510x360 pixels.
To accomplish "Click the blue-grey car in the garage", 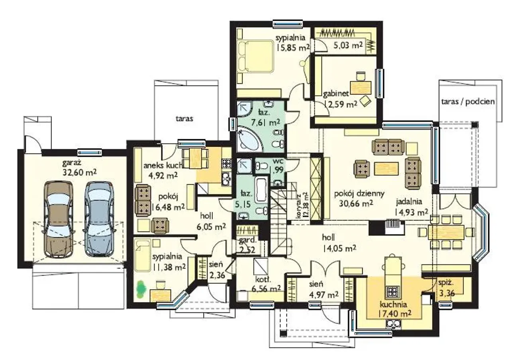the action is [x=100, y=219].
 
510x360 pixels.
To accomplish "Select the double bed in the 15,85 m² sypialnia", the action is [x=255, y=56].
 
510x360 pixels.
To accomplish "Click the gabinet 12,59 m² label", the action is [x=340, y=99].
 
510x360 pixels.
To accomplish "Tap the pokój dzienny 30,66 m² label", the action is [x=359, y=198].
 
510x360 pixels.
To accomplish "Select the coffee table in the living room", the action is [x=386, y=168].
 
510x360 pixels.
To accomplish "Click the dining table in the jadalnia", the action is [x=446, y=232].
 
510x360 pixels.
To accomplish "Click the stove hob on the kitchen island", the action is [x=392, y=292].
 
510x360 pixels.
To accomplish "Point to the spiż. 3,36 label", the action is [x=447, y=288].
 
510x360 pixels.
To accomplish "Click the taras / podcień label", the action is [x=468, y=101].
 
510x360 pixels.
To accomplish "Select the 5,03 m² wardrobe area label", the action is [x=348, y=45].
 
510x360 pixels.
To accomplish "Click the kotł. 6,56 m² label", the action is [x=266, y=284].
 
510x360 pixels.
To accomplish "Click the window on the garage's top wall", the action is [x=90, y=152].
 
